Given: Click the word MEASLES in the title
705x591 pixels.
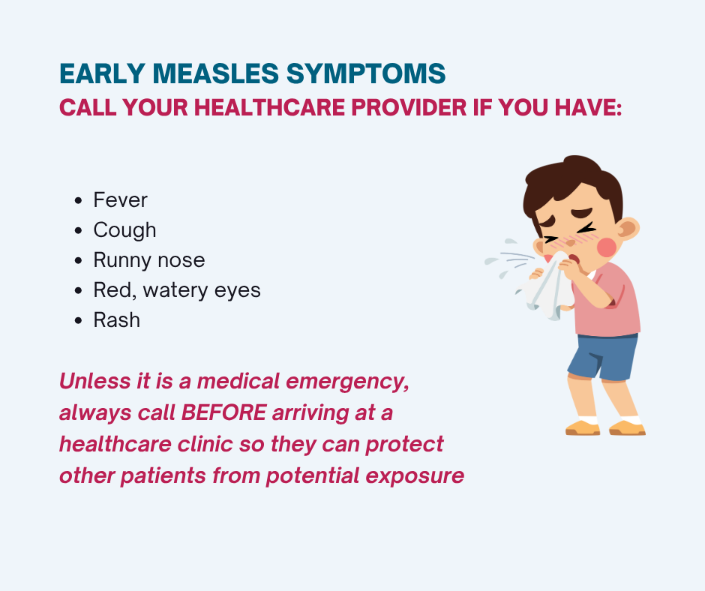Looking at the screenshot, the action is click(x=215, y=73).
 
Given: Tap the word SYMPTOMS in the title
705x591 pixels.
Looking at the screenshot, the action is click(x=366, y=73).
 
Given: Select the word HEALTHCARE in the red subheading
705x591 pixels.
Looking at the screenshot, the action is click(x=268, y=107).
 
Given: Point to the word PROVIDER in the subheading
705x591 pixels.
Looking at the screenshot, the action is click(x=409, y=107).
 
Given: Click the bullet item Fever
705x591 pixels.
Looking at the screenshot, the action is click(x=120, y=199).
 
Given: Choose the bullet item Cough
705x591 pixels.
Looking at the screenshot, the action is click(x=124, y=230).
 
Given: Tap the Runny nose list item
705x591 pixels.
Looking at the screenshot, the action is click(x=148, y=260).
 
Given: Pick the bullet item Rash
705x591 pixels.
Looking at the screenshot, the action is click(x=116, y=320).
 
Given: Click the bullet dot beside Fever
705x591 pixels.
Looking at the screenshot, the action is click(x=78, y=200).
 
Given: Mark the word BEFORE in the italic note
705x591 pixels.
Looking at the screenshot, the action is click(x=223, y=412).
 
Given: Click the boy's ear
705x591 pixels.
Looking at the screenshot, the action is click(x=628, y=229).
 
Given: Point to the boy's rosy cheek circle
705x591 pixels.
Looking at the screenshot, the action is click(x=607, y=247).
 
